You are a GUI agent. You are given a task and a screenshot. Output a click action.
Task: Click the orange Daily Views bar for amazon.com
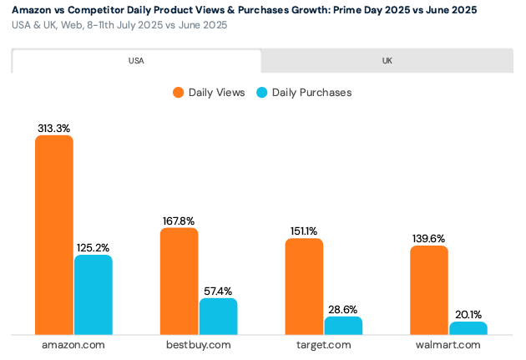[x=53, y=235]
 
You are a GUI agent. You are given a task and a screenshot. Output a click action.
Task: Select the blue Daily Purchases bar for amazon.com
[x=93, y=295]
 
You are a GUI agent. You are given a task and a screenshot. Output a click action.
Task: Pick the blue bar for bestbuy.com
[x=218, y=317]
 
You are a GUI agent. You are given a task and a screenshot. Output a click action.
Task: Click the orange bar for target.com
[x=304, y=286]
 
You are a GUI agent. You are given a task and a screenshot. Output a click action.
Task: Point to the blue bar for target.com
[x=343, y=326]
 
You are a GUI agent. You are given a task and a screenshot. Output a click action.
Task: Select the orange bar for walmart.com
[x=429, y=290]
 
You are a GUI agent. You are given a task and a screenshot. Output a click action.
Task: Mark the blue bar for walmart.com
[x=468, y=328]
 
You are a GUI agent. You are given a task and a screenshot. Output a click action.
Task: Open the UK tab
[x=387, y=61]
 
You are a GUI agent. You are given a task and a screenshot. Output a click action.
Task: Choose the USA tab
[x=136, y=61]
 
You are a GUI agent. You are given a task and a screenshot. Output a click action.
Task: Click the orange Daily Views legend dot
[x=178, y=93]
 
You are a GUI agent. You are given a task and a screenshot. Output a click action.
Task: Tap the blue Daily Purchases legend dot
[x=261, y=93]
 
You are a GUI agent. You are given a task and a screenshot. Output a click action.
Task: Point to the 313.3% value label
[x=53, y=128]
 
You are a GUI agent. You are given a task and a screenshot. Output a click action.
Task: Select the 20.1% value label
[x=468, y=315]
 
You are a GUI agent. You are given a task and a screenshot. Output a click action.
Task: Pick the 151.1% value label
[x=304, y=231]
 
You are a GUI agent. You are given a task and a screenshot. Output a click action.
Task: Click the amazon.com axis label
[x=73, y=345]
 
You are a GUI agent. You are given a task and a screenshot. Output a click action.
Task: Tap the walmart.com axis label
[x=448, y=345]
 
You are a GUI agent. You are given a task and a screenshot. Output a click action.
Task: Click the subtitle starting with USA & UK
[x=119, y=25]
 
